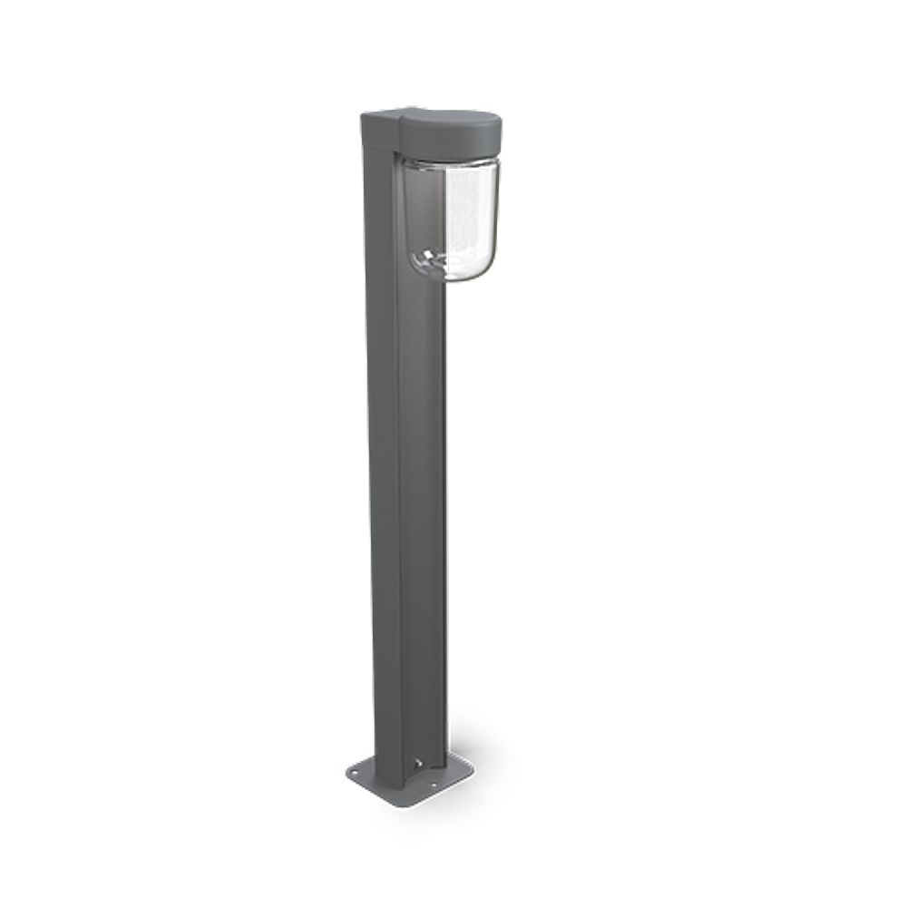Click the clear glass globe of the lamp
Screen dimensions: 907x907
[x=449, y=218]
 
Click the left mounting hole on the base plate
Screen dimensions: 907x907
[x=356, y=771]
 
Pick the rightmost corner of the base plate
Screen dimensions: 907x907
[x=473, y=770]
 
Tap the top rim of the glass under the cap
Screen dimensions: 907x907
[x=449, y=163]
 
